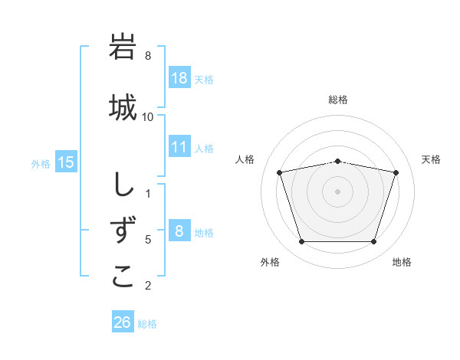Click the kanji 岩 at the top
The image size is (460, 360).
(123, 47)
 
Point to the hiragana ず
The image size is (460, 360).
(123, 231)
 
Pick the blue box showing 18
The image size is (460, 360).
(179, 78)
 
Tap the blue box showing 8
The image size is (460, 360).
(179, 231)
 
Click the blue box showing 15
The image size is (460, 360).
(66, 162)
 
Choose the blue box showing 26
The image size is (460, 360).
(123, 322)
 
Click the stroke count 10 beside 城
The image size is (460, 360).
(148, 116)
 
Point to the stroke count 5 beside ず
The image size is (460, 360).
(148, 240)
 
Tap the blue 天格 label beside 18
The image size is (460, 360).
(204, 79)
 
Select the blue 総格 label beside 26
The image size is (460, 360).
(147, 323)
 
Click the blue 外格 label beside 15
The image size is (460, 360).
(41, 162)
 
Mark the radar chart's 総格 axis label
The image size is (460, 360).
(338, 100)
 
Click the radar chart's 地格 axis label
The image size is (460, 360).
(402, 262)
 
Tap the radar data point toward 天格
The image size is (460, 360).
(396, 172)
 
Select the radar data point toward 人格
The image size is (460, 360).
(280, 172)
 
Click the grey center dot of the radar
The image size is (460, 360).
(337, 191)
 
